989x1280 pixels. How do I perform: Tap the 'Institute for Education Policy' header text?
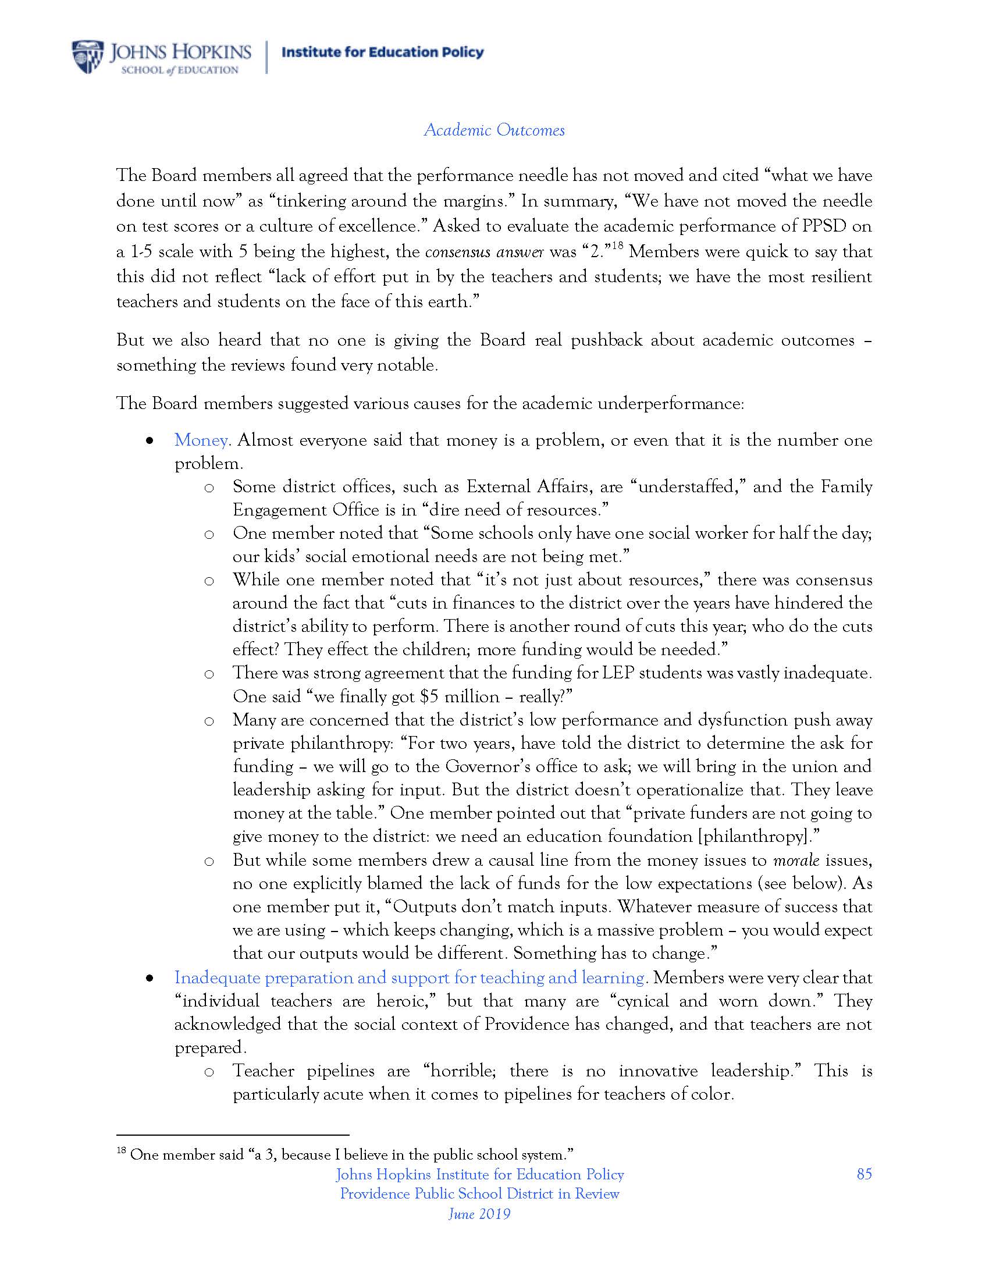pyautogui.click(x=383, y=52)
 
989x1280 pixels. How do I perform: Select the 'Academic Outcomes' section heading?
pyautogui.click(x=494, y=130)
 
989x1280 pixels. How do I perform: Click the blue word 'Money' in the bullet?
pyautogui.click(x=200, y=440)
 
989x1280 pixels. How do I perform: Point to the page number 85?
pyautogui.click(x=864, y=1174)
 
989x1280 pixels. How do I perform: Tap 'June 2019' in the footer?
pyautogui.click(x=479, y=1214)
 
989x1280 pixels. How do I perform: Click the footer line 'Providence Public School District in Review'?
pyautogui.click(x=479, y=1194)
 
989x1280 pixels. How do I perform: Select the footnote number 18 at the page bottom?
pyautogui.click(x=122, y=1151)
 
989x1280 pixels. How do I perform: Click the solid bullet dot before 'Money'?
pyautogui.click(x=151, y=441)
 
